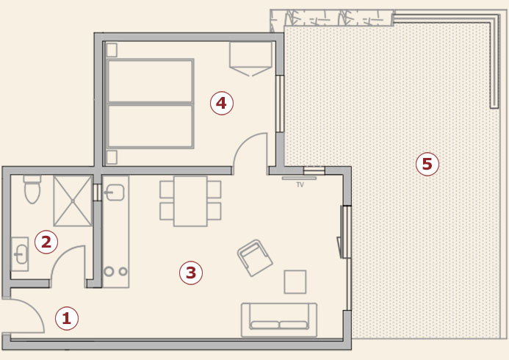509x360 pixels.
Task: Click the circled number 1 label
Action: (x=67, y=318)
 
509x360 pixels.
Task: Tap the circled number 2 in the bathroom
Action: (x=46, y=242)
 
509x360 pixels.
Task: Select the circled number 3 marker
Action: (x=191, y=273)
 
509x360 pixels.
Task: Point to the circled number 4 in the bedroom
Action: (x=222, y=104)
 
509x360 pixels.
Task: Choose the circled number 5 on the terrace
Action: (x=427, y=164)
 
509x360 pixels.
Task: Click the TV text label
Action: (x=300, y=185)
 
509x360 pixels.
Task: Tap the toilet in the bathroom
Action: (x=32, y=190)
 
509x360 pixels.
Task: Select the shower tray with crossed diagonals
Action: (x=73, y=201)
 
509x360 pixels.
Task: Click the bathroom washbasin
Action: (x=20, y=254)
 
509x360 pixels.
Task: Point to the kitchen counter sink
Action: (x=115, y=192)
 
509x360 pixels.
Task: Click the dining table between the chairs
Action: (x=190, y=201)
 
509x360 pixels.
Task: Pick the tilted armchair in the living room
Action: (x=255, y=258)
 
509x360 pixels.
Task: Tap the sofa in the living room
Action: (x=279, y=320)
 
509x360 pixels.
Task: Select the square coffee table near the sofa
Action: (x=295, y=282)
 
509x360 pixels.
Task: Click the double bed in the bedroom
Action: (x=150, y=104)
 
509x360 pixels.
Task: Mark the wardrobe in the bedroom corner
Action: (x=250, y=59)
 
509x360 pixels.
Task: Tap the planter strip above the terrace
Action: (x=332, y=18)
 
